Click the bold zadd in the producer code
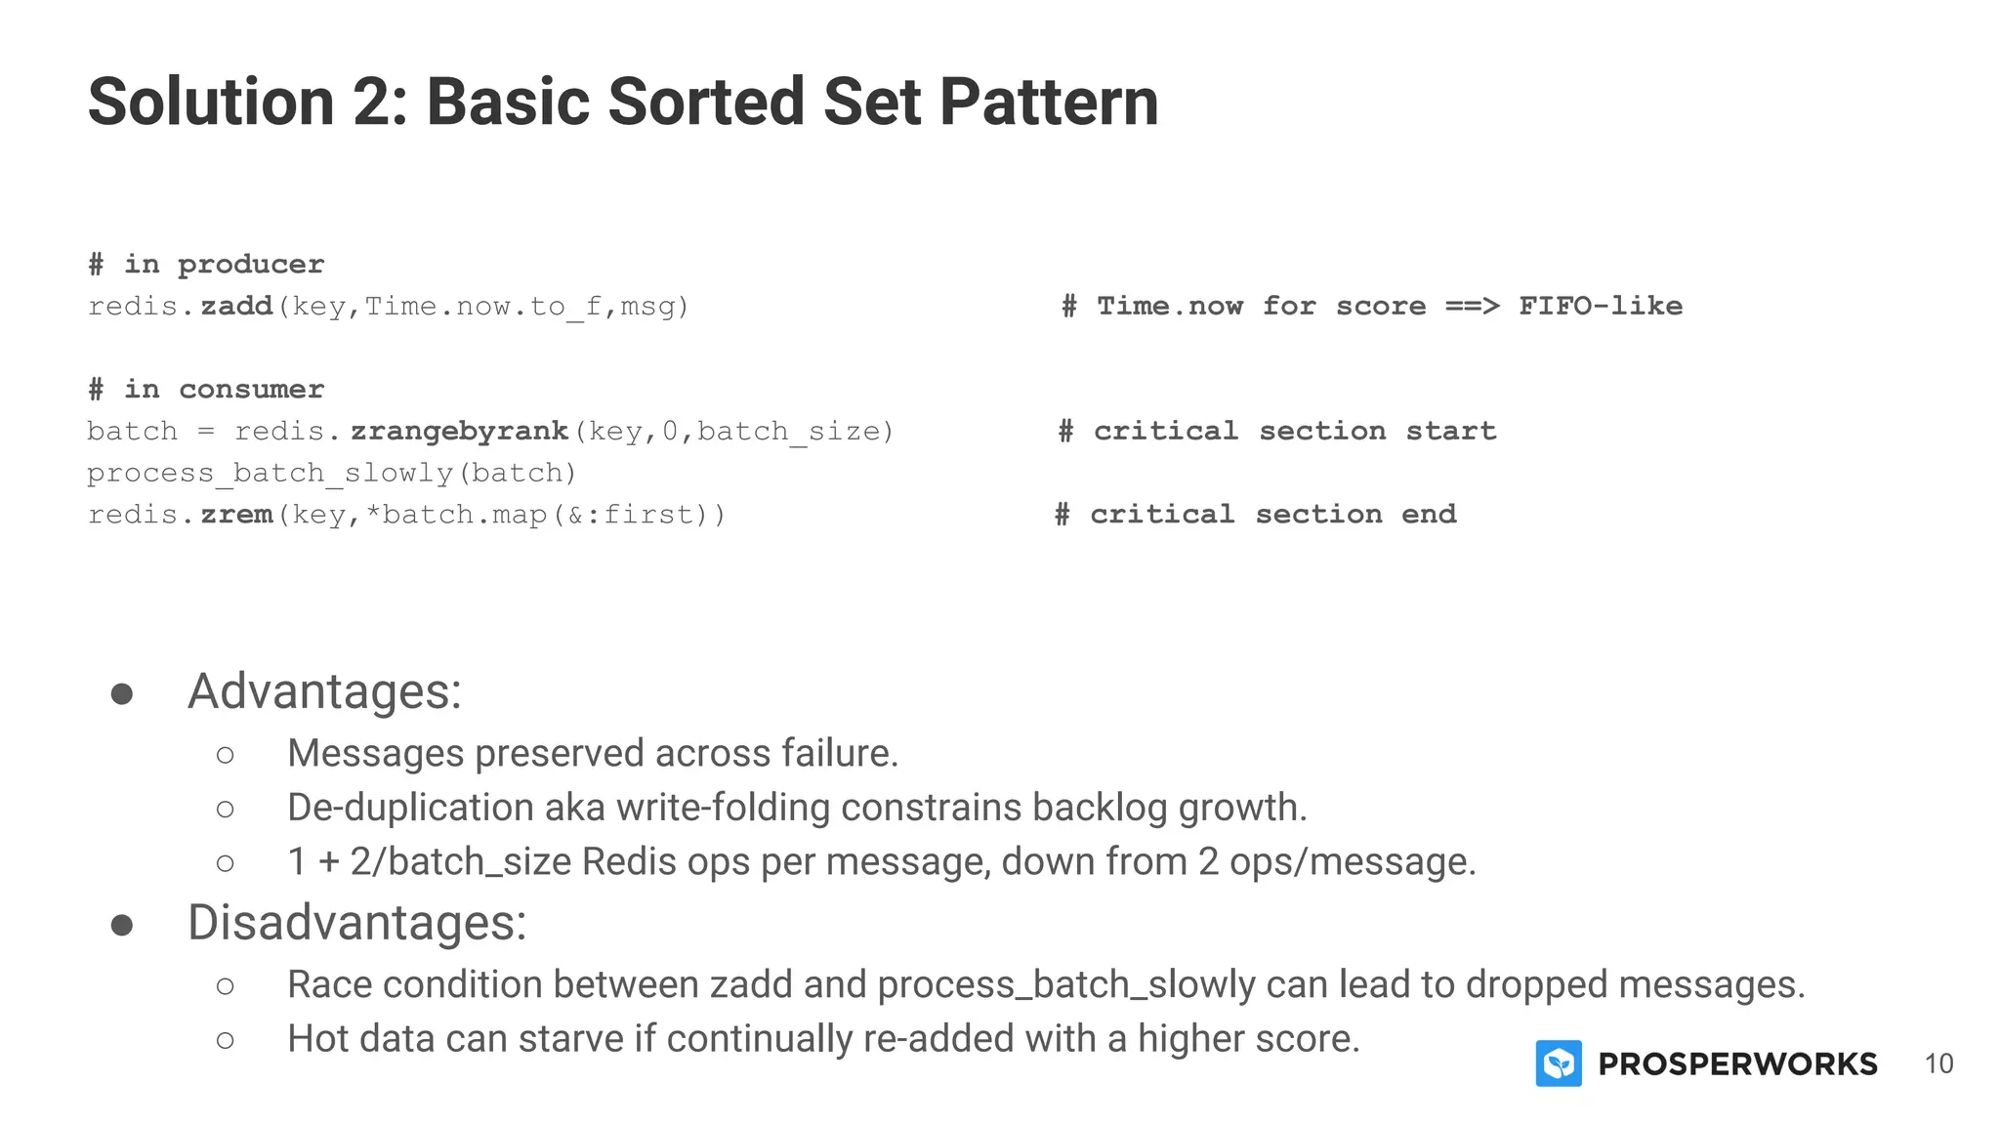tap(236, 307)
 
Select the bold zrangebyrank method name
tap(460, 432)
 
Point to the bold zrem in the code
tap(236, 515)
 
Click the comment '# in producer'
tap(206, 265)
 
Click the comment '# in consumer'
tap(206, 390)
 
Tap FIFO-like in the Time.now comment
tap(1600, 307)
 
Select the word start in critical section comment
tap(1450, 432)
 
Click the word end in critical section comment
tap(1429, 515)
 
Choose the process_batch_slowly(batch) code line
tap(332, 474)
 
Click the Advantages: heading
tap(324, 691)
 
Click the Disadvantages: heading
tap(356, 923)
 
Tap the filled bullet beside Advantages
tap(122, 694)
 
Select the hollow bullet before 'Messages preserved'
tap(226, 755)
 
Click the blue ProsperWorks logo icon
tap(1559, 1063)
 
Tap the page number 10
tap(1938, 1063)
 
